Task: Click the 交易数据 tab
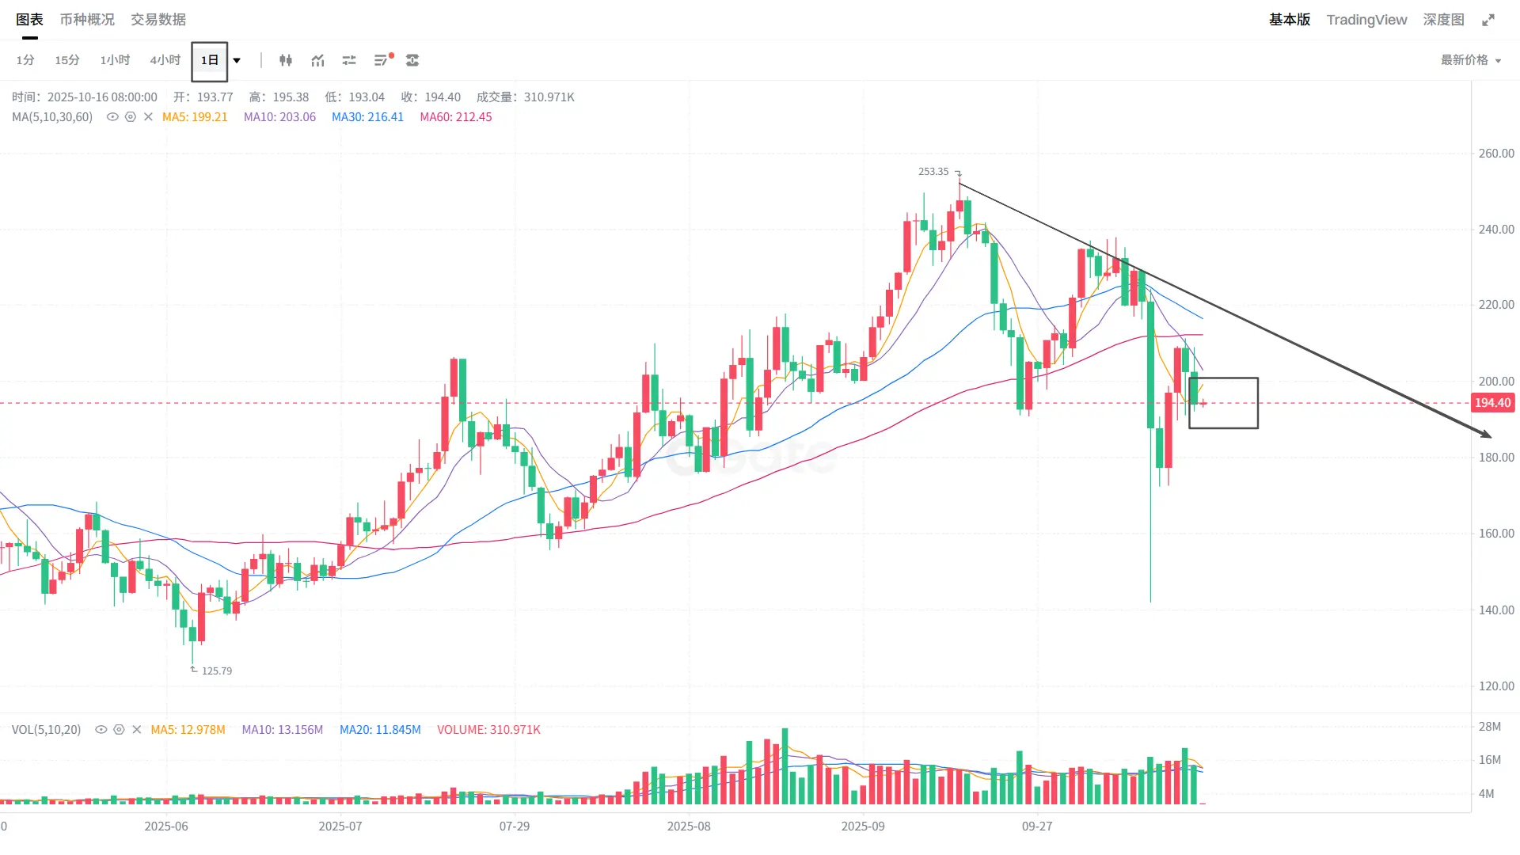pyautogui.click(x=158, y=20)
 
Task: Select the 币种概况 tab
pyautogui.click(x=87, y=20)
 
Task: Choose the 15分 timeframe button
pyautogui.click(x=67, y=60)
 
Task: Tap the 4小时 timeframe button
pyautogui.click(x=165, y=60)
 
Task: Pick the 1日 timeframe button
pyautogui.click(x=209, y=61)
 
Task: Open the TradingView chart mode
pyautogui.click(x=1366, y=20)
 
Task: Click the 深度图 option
pyautogui.click(x=1443, y=20)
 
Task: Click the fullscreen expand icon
pyautogui.click(x=1488, y=20)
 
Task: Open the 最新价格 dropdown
pyautogui.click(x=1470, y=60)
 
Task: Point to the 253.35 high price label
pyautogui.click(x=933, y=172)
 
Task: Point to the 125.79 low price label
pyautogui.click(x=216, y=671)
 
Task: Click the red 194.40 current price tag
pyautogui.click(x=1492, y=403)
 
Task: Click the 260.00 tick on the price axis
pyautogui.click(x=1496, y=154)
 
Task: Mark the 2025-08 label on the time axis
pyautogui.click(x=689, y=826)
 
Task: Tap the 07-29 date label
pyautogui.click(x=515, y=826)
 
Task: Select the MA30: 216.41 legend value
pyautogui.click(x=367, y=117)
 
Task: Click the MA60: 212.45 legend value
pyautogui.click(x=456, y=117)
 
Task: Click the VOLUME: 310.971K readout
pyautogui.click(x=488, y=730)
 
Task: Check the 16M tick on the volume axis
pyautogui.click(x=1489, y=760)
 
